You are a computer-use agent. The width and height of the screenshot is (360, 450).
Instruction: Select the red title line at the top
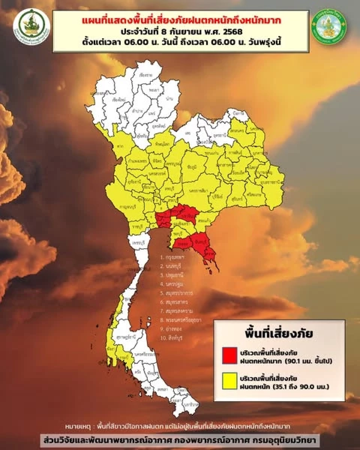pos(180,19)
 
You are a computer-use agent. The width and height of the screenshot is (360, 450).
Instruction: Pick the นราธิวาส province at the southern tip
pos(192,405)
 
